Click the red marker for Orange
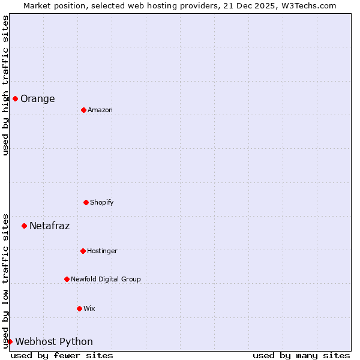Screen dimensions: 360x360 click(15, 98)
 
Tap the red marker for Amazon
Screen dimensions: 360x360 click(83, 110)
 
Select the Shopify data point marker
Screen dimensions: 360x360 click(86, 202)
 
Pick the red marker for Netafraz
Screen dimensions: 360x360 click(24, 226)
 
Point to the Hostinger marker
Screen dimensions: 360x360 click(83, 251)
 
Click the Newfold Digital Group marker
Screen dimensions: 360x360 click(67, 279)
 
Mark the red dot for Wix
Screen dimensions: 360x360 click(79, 308)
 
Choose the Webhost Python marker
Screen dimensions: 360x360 click(10, 341)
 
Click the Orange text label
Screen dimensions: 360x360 click(37, 99)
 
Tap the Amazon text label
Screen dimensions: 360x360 click(100, 110)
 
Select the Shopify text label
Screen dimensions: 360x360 click(101, 203)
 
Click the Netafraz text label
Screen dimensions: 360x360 click(49, 226)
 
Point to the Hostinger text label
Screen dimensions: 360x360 click(102, 251)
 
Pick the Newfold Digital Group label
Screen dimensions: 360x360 click(106, 280)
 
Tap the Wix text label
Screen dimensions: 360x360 click(89, 309)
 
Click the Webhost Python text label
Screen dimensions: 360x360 click(54, 342)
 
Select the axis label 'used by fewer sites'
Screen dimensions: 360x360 click(62, 356)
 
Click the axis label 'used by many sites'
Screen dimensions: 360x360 click(301, 356)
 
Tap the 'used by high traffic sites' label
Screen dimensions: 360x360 click(5, 85)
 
